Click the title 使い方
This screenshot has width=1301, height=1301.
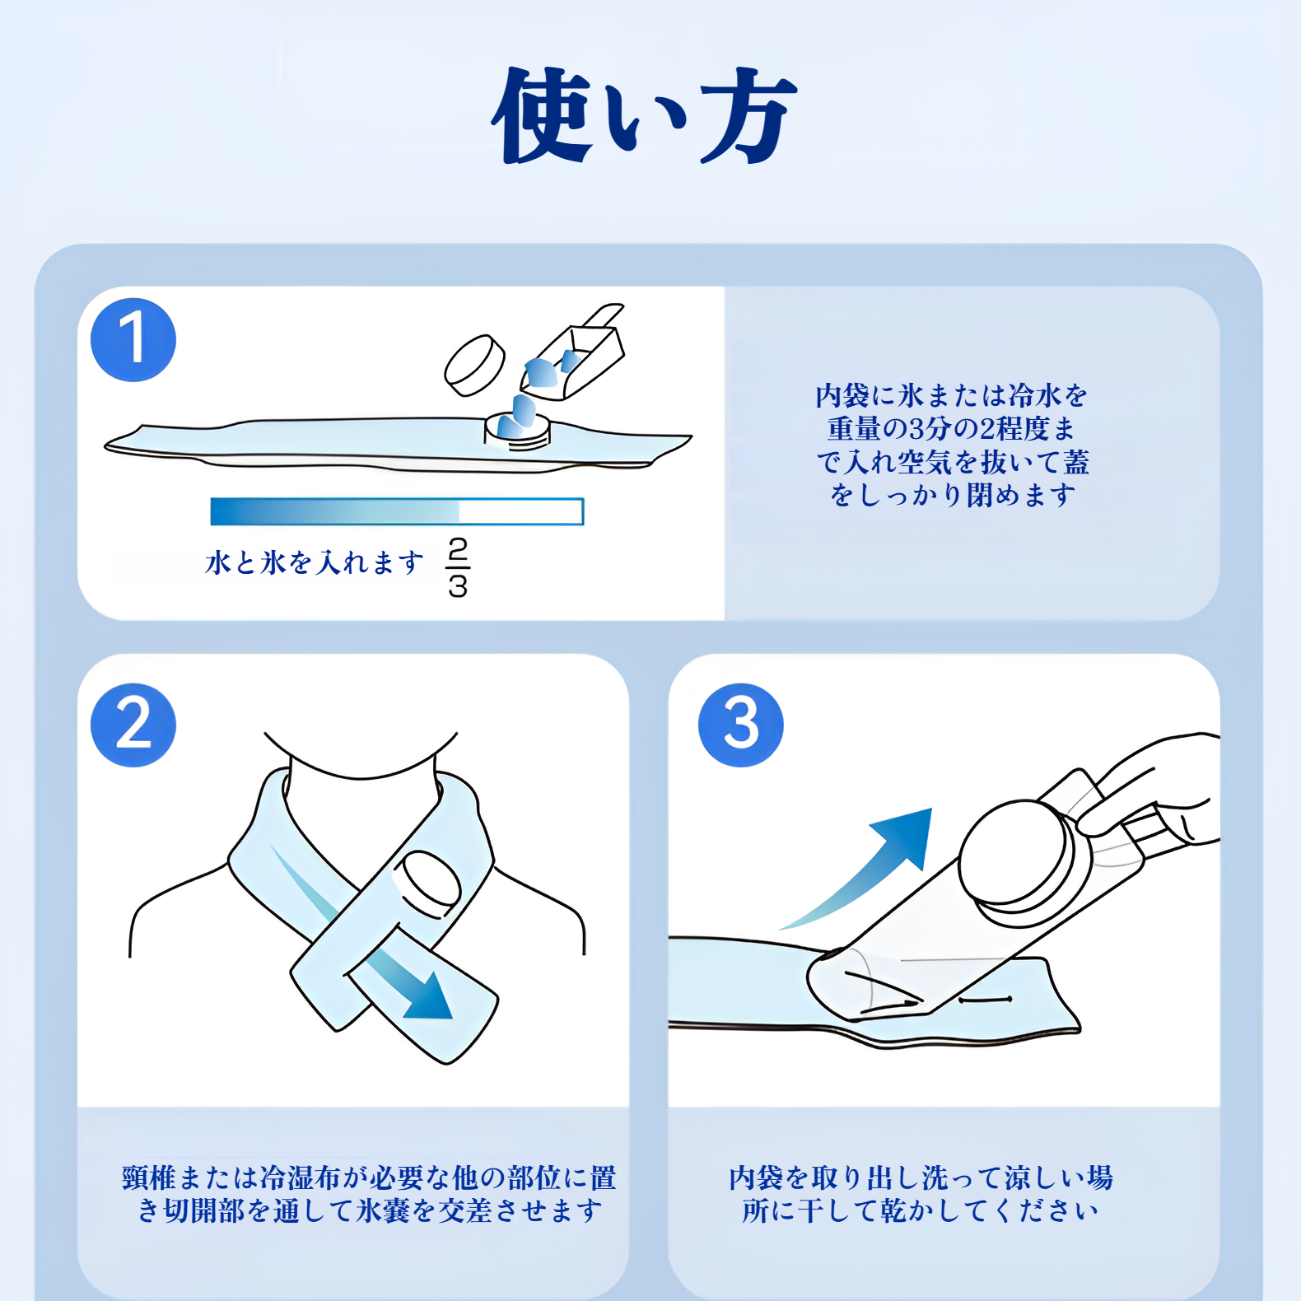[x=645, y=115]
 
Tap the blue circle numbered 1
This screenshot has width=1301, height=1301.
[x=133, y=339]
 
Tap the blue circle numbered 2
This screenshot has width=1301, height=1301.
[x=133, y=725]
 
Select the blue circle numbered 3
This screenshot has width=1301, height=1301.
[x=740, y=725]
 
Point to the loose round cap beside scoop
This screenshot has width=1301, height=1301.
[x=475, y=365]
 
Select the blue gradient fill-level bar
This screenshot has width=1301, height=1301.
[x=397, y=511]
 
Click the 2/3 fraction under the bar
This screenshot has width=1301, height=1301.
[x=458, y=567]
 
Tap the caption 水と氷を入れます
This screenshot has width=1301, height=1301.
[x=314, y=563]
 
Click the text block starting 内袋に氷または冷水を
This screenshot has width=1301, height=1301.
[x=952, y=445]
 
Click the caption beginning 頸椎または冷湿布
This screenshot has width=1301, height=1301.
[x=368, y=1194]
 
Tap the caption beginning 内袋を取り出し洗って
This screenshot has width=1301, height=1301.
[x=921, y=1194]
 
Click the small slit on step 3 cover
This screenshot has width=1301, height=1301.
[x=986, y=1000]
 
